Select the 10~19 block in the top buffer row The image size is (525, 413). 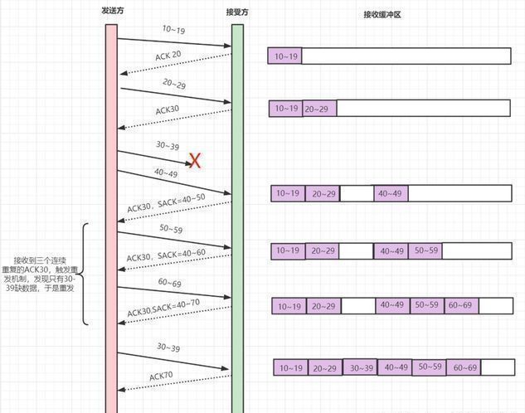point(285,56)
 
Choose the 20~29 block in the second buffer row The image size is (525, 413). point(319,109)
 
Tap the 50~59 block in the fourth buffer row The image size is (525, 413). point(425,250)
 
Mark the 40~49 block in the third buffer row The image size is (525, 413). point(391,193)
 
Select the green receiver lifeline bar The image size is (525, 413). point(237,216)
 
